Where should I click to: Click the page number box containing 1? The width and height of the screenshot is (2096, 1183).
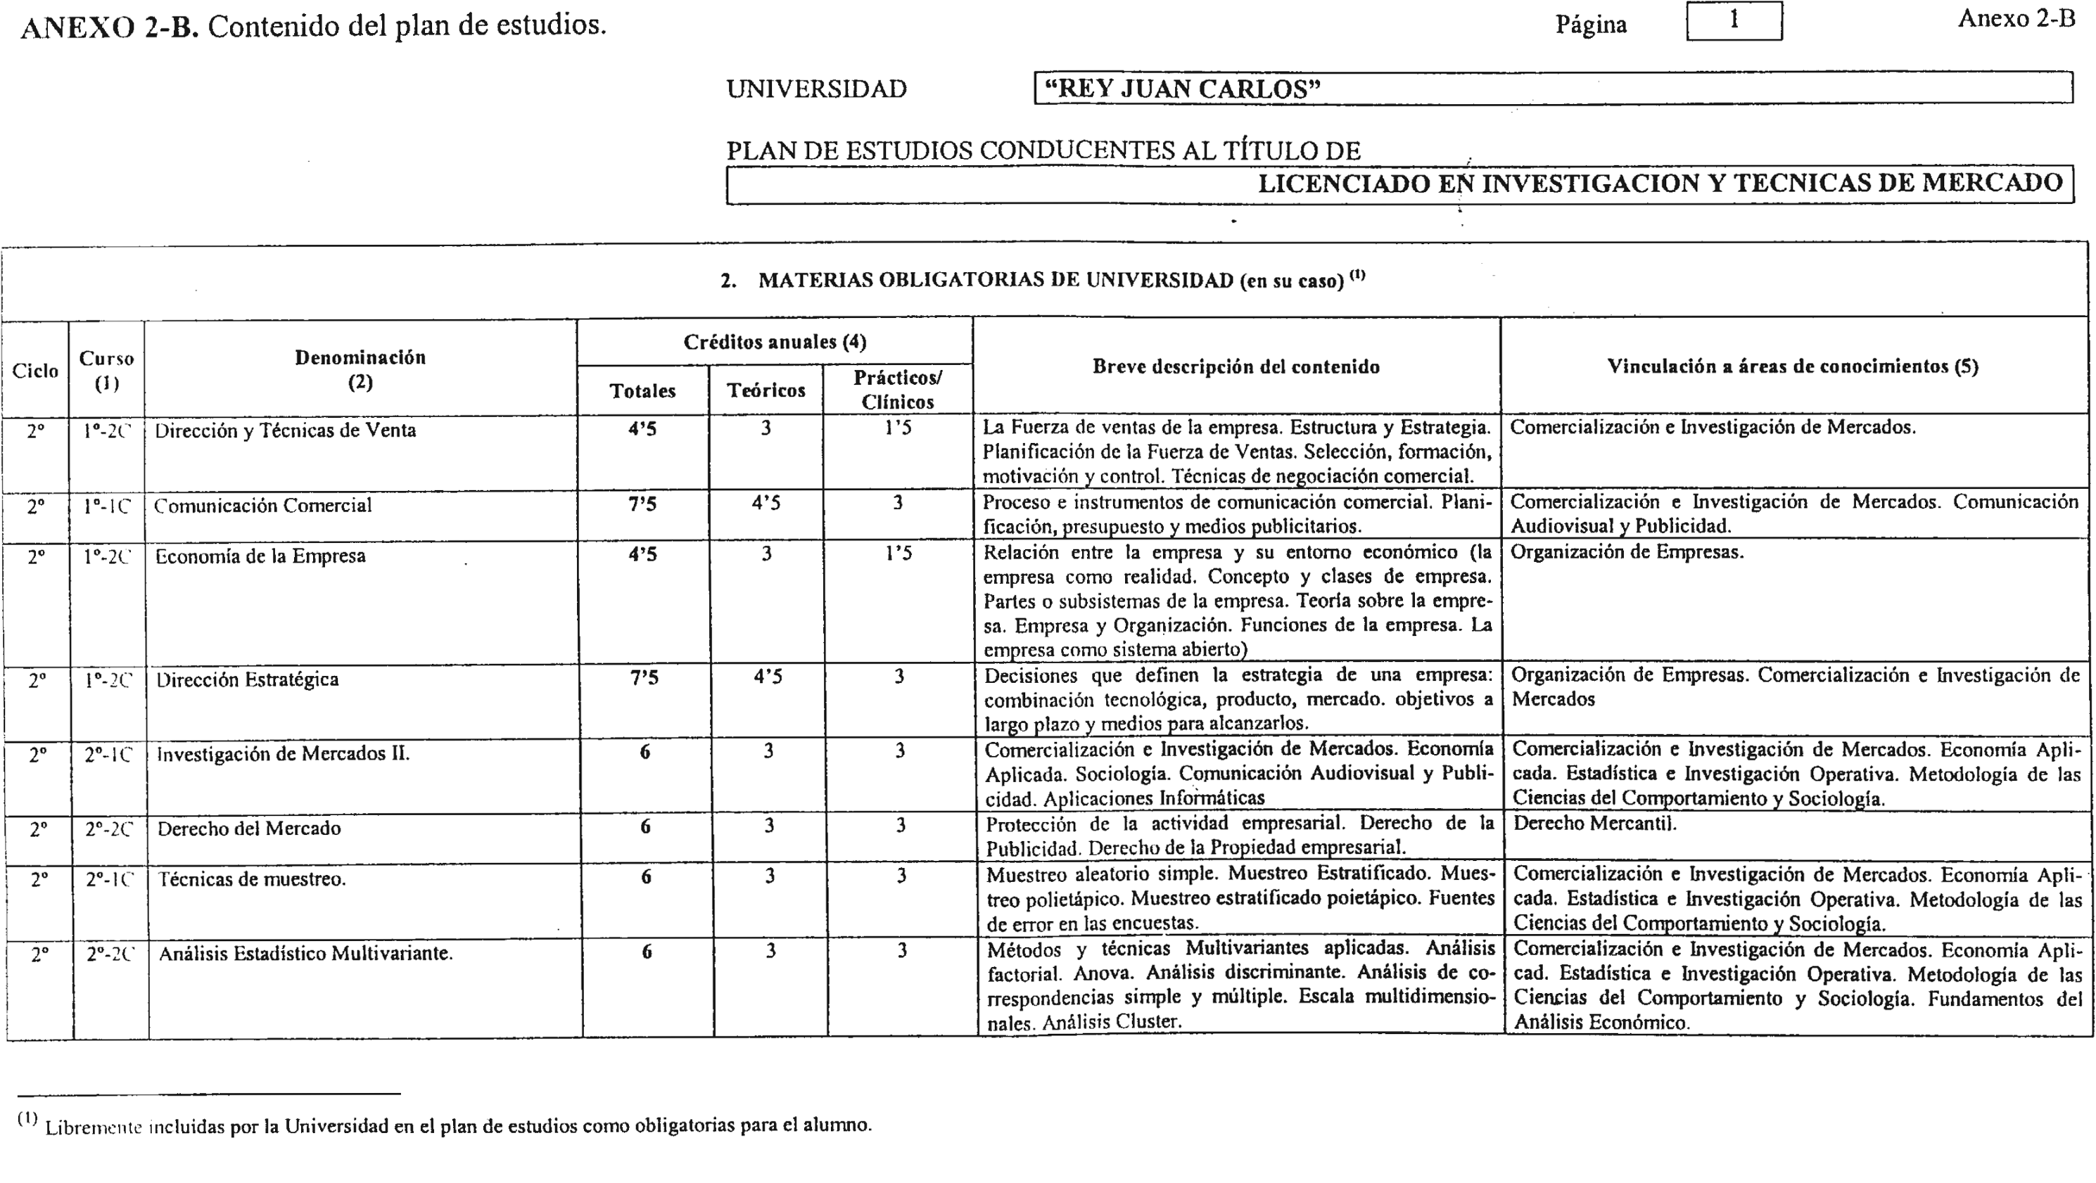pos(1734,21)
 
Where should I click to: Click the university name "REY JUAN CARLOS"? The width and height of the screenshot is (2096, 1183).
pos(1181,89)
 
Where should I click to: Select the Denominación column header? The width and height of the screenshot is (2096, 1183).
pos(360,369)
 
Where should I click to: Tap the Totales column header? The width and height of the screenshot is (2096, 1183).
pos(643,391)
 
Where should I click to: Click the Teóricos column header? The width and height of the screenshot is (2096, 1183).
pos(766,391)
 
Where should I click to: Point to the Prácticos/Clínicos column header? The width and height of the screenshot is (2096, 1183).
pos(898,390)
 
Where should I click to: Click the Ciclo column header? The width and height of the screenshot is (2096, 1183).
pos(35,371)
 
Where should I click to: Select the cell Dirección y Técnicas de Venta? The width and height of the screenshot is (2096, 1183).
pos(285,430)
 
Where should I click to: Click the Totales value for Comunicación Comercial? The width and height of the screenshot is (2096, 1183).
pos(643,504)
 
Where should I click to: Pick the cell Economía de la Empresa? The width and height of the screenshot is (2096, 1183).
pos(260,556)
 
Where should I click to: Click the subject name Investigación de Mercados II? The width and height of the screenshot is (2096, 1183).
pos(283,754)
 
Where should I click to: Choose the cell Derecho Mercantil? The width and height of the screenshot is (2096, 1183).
pos(1595,824)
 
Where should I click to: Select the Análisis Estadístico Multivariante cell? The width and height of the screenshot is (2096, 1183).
pos(306,954)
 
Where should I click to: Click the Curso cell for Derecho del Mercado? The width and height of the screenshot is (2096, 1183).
pos(109,829)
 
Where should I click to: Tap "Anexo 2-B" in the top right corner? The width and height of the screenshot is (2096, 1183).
pos(2016,19)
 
